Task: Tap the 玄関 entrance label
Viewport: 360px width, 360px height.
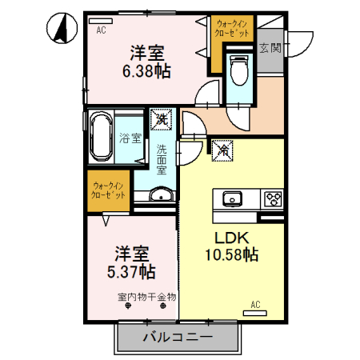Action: [270, 48]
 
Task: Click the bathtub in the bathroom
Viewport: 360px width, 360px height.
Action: [102, 137]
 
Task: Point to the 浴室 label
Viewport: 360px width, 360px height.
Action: [130, 138]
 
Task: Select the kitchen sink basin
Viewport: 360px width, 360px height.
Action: [234, 198]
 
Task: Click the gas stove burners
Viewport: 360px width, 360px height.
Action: [272, 198]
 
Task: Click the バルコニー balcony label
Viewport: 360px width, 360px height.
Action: [178, 337]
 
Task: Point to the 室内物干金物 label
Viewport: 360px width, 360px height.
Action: [146, 298]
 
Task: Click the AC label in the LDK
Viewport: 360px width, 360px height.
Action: [255, 304]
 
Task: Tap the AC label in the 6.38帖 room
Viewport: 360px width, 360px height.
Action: [101, 30]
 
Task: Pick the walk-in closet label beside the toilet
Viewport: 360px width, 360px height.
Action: [231, 30]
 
